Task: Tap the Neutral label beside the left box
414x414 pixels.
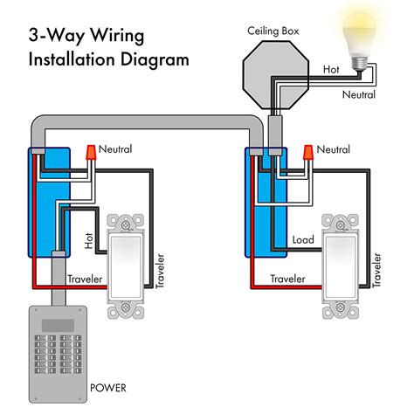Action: point(116,149)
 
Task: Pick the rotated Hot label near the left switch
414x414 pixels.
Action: point(89,239)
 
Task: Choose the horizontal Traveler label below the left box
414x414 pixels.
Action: point(85,279)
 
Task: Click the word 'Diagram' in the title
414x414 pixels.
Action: point(155,61)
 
